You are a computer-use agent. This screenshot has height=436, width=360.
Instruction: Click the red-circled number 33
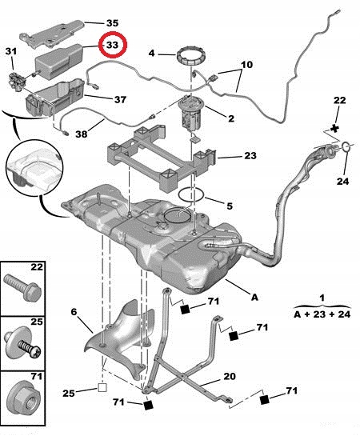112,46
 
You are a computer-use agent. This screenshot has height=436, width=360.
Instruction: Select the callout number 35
111,22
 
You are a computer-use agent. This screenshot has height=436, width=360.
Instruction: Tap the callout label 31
11,52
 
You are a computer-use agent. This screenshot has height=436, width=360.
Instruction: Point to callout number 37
121,100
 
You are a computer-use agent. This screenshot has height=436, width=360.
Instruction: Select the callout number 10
247,63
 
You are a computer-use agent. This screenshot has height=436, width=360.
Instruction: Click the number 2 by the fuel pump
230,118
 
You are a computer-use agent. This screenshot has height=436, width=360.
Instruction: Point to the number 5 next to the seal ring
229,206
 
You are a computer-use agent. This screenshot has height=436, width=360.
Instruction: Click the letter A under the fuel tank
254,298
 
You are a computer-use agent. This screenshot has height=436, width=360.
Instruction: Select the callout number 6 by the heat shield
73,312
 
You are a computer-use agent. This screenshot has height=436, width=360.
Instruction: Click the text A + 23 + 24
322,314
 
